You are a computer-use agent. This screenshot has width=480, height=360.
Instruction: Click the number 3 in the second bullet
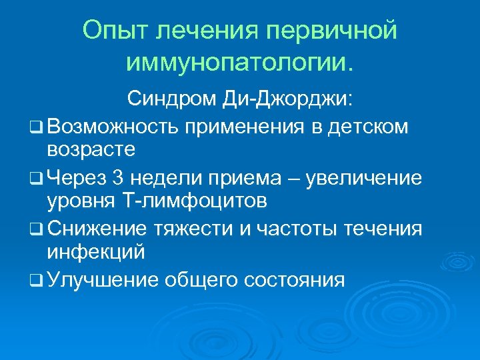tap(118, 178)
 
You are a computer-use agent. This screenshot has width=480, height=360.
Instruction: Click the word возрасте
tap(91, 149)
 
